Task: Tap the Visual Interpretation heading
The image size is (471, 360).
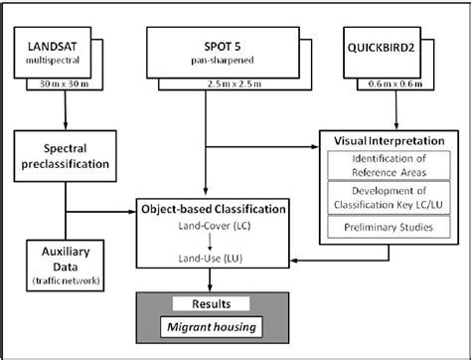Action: pyautogui.click(x=376, y=140)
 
